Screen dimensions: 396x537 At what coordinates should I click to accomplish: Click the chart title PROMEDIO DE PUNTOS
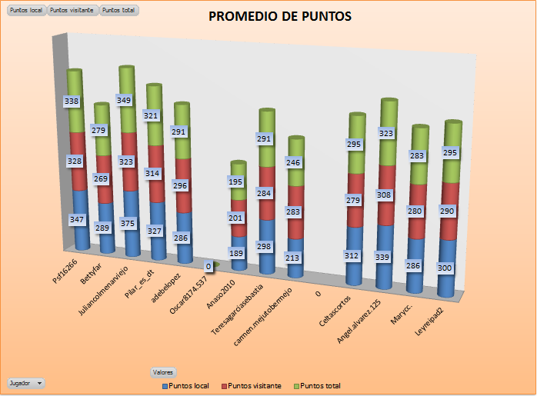pos(280,16)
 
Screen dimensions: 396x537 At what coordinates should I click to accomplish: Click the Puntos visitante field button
pos(72,11)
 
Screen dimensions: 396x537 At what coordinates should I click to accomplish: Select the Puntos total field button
pos(119,11)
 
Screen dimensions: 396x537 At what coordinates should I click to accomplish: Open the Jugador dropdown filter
pos(25,382)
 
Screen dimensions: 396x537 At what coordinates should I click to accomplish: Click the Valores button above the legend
pos(163,372)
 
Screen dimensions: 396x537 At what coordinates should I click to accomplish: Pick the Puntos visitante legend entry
pos(252,385)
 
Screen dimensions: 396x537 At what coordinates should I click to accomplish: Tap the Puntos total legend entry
pos(318,385)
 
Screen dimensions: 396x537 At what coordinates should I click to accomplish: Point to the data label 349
pos(124,100)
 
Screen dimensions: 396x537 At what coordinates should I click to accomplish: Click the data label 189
pos(238,251)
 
